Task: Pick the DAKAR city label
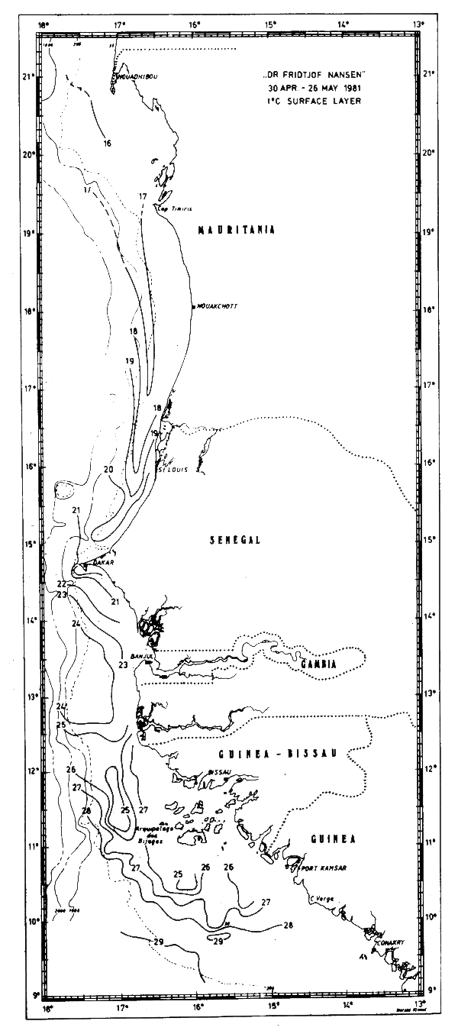pyautogui.click(x=102, y=563)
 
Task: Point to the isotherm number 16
pyautogui.click(x=108, y=143)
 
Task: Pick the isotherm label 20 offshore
pyautogui.click(x=108, y=469)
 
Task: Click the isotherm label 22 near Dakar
pyautogui.click(x=61, y=583)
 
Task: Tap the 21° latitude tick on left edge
pyautogui.click(x=29, y=76)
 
